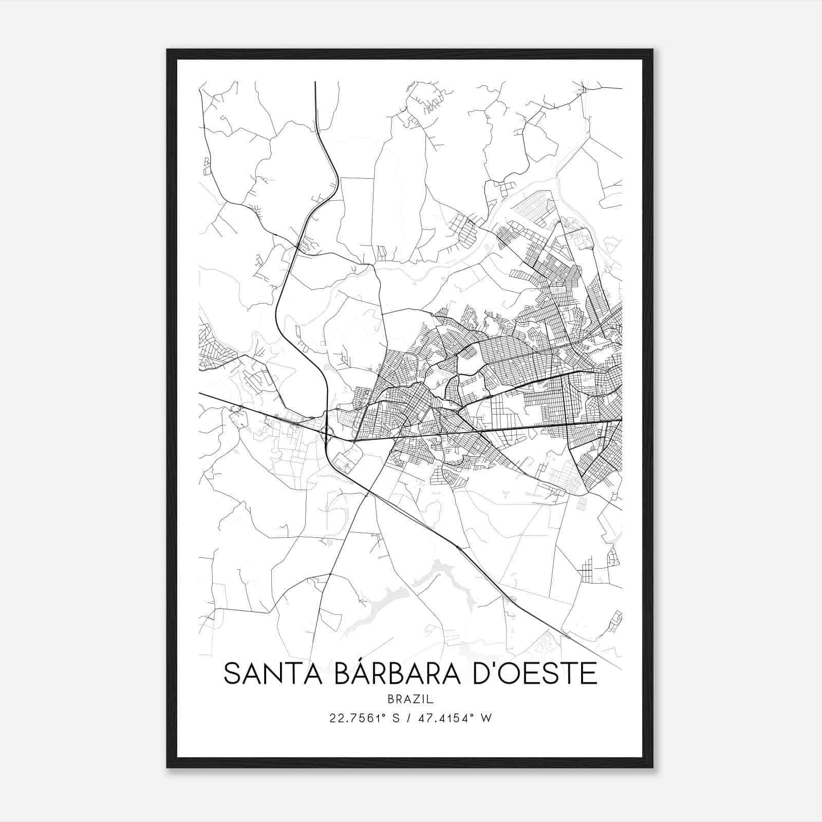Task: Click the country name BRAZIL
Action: click(x=410, y=699)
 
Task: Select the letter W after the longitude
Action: click(x=487, y=718)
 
